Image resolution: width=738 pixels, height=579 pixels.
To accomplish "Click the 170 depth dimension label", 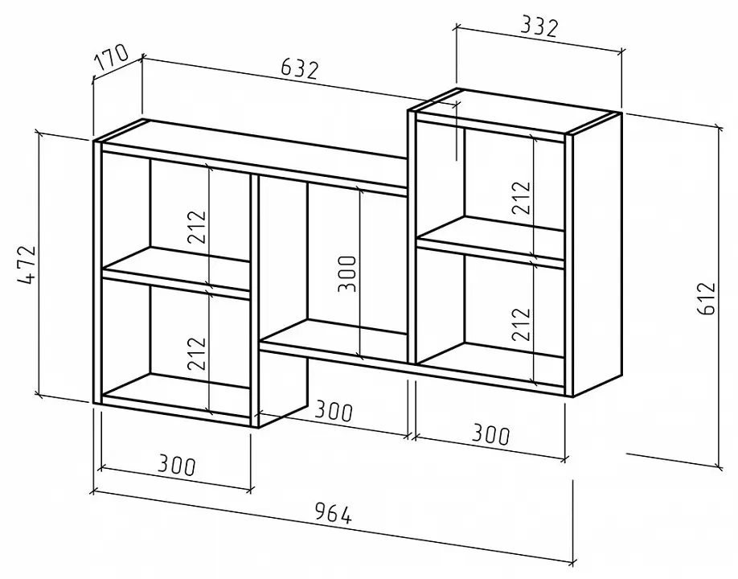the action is click(111, 56).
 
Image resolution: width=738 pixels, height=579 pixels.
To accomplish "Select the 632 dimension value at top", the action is click(300, 69).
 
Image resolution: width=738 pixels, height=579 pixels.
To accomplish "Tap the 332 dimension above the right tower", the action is click(539, 27).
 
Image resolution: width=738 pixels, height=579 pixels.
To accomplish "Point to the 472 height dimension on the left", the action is click(27, 265).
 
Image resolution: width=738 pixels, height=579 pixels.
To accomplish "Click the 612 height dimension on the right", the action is click(708, 298).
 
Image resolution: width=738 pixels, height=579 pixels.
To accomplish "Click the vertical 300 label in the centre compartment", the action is click(347, 273).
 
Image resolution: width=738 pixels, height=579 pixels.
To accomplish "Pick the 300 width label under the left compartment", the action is click(176, 465).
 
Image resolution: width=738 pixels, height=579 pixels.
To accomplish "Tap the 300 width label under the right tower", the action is click(490, 434).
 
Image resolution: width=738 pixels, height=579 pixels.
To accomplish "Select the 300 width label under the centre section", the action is click(334, 411).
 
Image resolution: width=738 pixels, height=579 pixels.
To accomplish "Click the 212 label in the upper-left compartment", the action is click(197, 227).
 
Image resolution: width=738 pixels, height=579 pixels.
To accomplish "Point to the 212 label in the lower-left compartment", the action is click(197, 353).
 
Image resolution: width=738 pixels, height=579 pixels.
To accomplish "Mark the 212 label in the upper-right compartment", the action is click(522, 198).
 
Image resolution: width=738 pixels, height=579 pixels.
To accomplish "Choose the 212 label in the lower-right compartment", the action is click(522, 324).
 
